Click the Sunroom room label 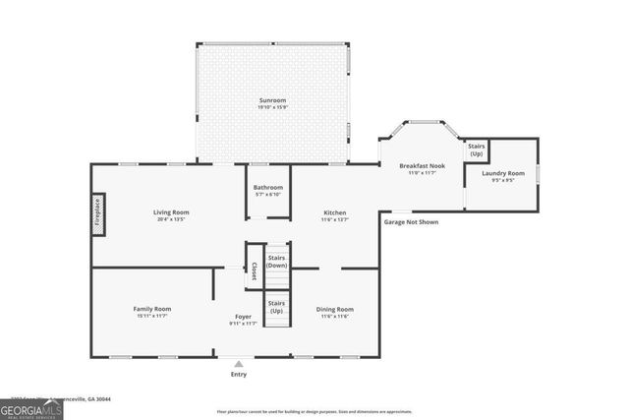273,101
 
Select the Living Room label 170,211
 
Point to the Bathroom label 267,187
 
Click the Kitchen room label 335,211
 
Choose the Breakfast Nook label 422,165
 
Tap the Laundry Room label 502,173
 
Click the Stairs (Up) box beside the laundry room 477,151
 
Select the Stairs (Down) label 277,261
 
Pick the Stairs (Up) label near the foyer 277,307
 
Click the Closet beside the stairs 254,270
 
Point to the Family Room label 152,309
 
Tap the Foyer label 243,316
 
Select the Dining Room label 335,309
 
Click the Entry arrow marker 238,363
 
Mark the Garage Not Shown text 411,222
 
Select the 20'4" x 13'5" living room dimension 170,219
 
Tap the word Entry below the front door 238,374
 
